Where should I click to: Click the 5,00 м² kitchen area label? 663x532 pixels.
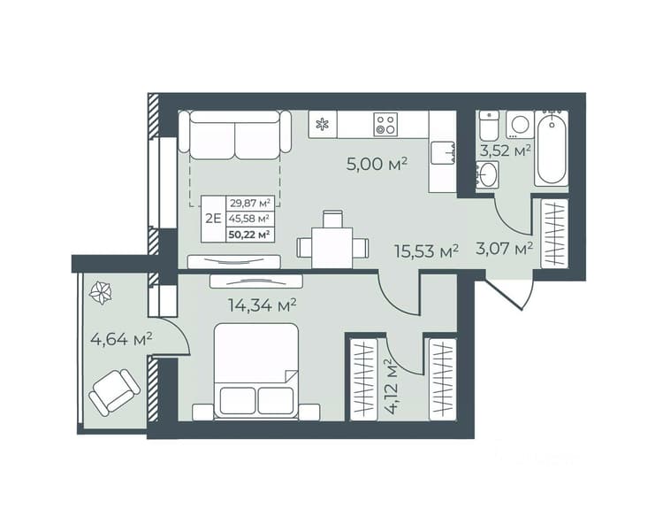(x=377, y=164)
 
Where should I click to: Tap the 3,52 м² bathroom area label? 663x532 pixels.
(x=505, y=150)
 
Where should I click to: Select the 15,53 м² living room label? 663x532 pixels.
(x=426, y=251)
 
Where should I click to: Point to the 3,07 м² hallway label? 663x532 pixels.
(x=504, y=248)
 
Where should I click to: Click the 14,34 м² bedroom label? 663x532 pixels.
(x=262, y=305)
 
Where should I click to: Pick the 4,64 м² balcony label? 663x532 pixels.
(x=121, y=339)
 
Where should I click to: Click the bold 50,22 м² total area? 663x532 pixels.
(x=249, y=234)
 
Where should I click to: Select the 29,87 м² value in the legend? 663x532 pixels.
(x=249, y=203)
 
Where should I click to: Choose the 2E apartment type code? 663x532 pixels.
(x=214, y=219)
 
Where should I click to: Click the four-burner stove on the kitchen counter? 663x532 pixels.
(x=385, y=125)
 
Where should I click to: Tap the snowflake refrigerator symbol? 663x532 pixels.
(x=323, y=125)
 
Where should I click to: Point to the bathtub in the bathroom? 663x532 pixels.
(x=551, y=148)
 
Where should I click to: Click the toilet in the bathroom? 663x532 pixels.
(x=489, y=126)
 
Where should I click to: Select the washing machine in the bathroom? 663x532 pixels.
(x=519, y=125)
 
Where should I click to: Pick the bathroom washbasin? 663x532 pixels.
(x=487, y=174)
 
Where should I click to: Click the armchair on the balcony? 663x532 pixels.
(x=114, y=392)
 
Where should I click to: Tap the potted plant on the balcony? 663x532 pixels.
(x=102, y=293)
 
